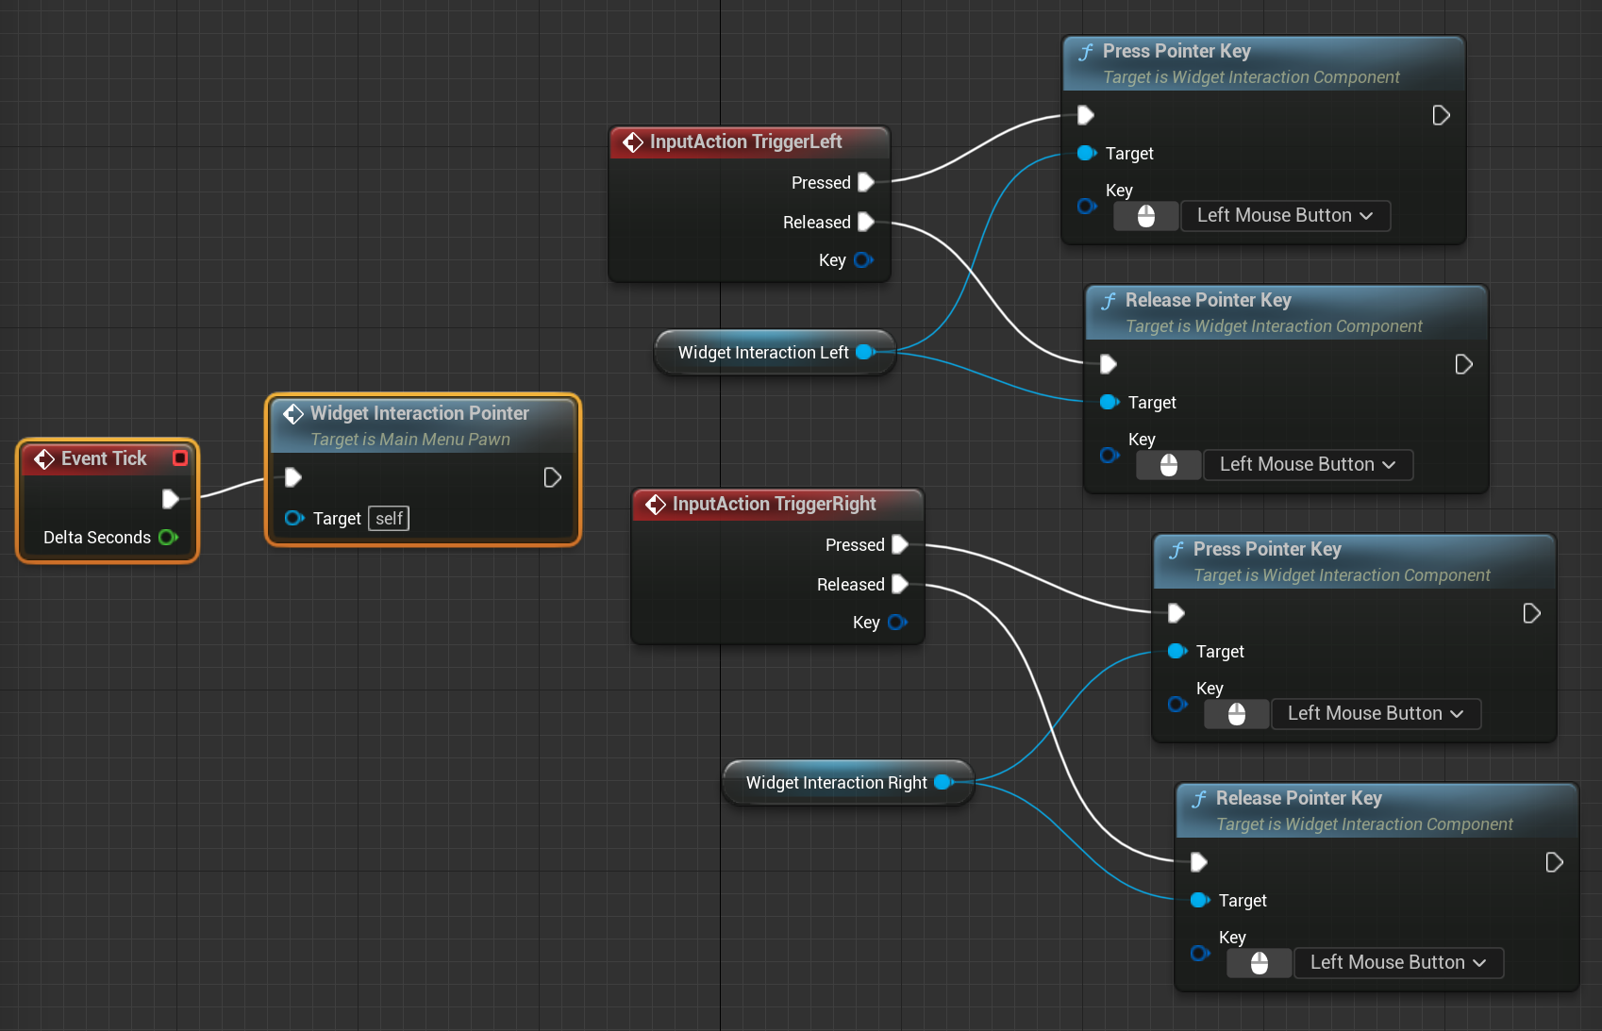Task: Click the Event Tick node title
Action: (104, 458)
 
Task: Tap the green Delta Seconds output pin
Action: (168, 538)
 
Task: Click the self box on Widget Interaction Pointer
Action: (389, 519)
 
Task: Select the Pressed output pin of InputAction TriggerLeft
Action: (866, 182)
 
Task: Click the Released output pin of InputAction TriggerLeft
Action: (866, 222)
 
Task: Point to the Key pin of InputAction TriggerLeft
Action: (862, 260)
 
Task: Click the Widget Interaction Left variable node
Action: (763, 353)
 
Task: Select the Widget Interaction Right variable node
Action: (836, 783)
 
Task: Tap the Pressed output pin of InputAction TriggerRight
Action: (900, 544)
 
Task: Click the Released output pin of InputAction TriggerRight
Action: (900, 584)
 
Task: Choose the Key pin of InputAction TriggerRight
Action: (896, 623)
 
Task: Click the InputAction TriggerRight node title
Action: (774, 505)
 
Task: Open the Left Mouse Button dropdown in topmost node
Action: (1284, 216)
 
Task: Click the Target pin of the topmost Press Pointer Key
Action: (1087, 153)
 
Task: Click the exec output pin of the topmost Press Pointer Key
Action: (1441, 115)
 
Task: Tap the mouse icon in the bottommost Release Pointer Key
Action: (1260, 963)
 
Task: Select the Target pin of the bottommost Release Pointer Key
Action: (1200, 900)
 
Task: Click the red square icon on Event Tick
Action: (180, 458)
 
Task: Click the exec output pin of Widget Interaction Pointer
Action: (552, 477)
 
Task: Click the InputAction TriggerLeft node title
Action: (745, 142)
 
